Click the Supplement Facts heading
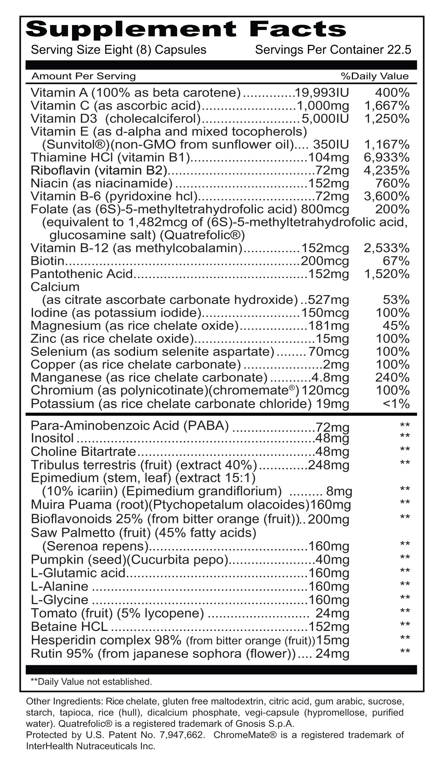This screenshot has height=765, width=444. (186, 29)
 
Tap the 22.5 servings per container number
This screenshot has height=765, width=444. (400, 50)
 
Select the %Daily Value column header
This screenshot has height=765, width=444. (375, 76)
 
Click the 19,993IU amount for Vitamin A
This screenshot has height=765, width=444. (322, 93)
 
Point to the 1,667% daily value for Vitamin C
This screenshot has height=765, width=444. (386, 106)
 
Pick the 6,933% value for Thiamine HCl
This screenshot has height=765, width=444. (386, 158)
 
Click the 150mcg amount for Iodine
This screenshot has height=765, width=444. (325, 313)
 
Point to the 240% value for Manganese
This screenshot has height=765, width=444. (392, 377)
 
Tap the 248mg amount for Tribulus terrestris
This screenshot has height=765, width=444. (328, 465)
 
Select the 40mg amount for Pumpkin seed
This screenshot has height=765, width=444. (332, 560)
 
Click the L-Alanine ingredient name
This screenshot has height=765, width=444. (60, 586)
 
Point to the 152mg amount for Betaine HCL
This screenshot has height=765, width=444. (328, 626)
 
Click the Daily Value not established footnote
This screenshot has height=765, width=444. (91, 682)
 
